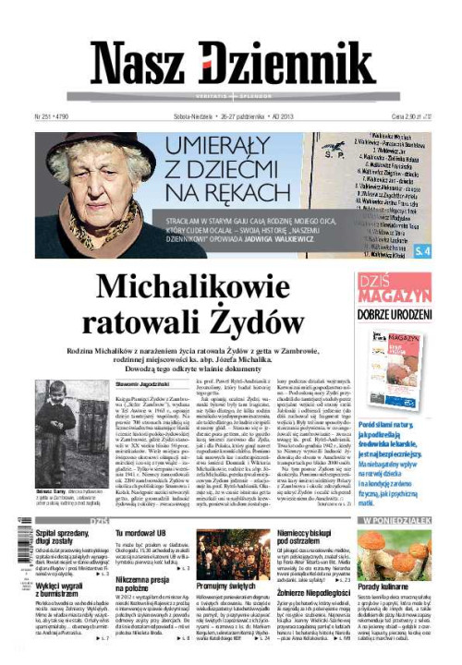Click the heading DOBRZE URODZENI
point(394,314)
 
